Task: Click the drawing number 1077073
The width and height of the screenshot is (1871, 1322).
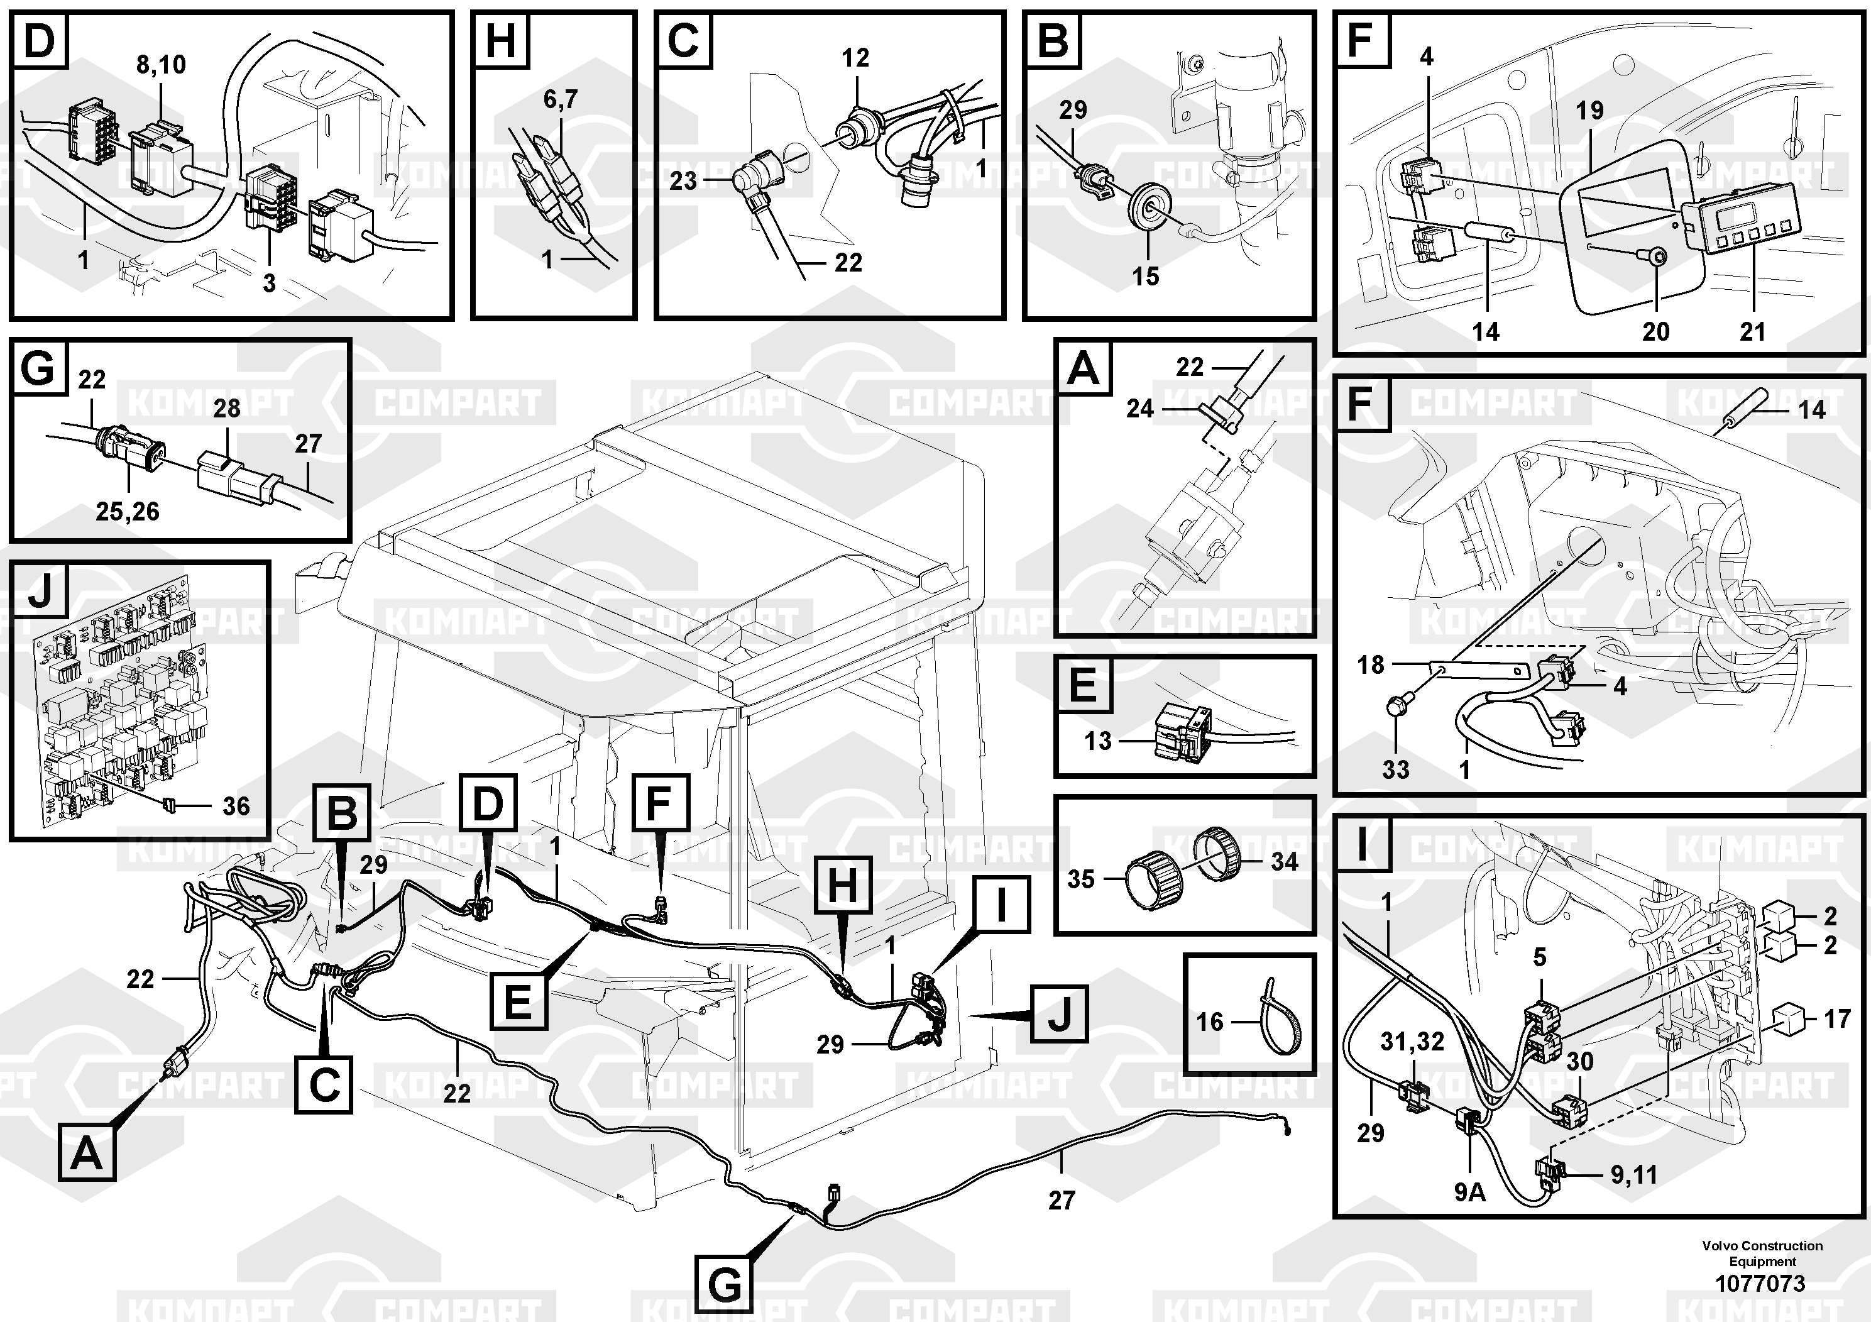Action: point(1761,1284)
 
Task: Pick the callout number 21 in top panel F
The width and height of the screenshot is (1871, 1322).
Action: point(1752,332)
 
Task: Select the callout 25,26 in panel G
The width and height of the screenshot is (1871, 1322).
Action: point(127,512)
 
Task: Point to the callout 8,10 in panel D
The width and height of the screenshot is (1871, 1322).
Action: point(160,64)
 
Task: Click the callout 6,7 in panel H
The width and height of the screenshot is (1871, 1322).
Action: point(560,99)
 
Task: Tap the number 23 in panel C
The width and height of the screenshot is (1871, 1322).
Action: point(683,180)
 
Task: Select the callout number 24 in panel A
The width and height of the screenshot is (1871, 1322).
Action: point(1139,409)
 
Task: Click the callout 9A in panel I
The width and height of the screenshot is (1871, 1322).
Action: point(1469,1193)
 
